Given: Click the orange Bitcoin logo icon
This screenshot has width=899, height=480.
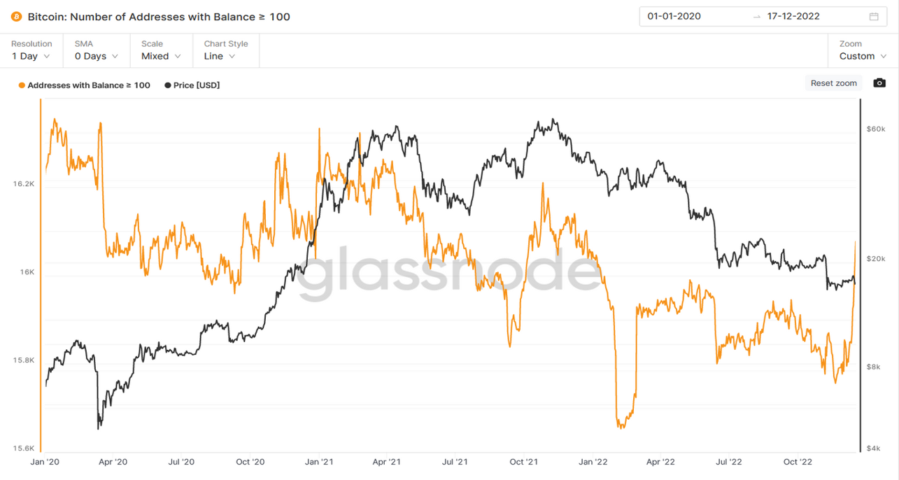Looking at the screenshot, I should (x=16, y=16).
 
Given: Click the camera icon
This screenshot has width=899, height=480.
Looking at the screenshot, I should (x=879, y=83).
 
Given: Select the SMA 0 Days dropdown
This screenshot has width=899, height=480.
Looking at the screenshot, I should (x=96, y=50).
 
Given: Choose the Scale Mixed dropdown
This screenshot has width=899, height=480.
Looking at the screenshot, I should (x=161, y=50).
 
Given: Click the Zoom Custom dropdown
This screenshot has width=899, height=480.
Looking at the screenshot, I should (x=861, y=50).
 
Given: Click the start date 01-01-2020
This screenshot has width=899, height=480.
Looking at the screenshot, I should (x=674, y=16).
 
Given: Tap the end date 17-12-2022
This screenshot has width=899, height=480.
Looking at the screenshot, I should (x=793, y=16).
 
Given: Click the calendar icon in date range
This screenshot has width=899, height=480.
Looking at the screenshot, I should (x=874, y=16).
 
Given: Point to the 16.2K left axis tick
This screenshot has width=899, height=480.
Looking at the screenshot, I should (x=23, y=183).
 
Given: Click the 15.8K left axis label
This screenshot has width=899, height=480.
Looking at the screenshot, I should (x=23, y=360).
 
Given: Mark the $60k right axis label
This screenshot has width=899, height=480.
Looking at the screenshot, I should (x=875, y=129).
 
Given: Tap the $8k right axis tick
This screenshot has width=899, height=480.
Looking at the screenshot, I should (x=874, y=367).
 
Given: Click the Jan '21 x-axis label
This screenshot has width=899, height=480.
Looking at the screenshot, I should (x=318, y=462).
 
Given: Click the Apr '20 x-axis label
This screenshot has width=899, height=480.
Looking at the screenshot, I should (x=113, y=462).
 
